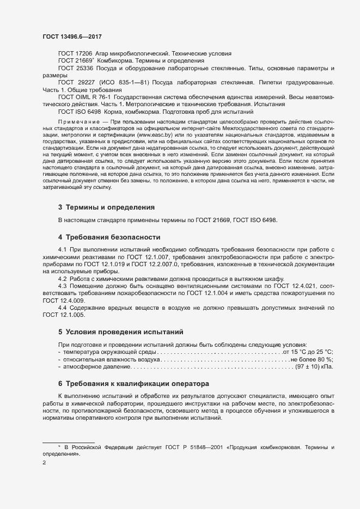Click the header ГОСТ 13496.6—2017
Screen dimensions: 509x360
tap(71, 36)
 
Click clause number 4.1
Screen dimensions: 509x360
tap(63, 250)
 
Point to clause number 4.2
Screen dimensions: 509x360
tap(63, 278)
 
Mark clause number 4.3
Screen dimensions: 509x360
tap(63, 286)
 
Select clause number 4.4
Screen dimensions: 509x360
tap(63, 308)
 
